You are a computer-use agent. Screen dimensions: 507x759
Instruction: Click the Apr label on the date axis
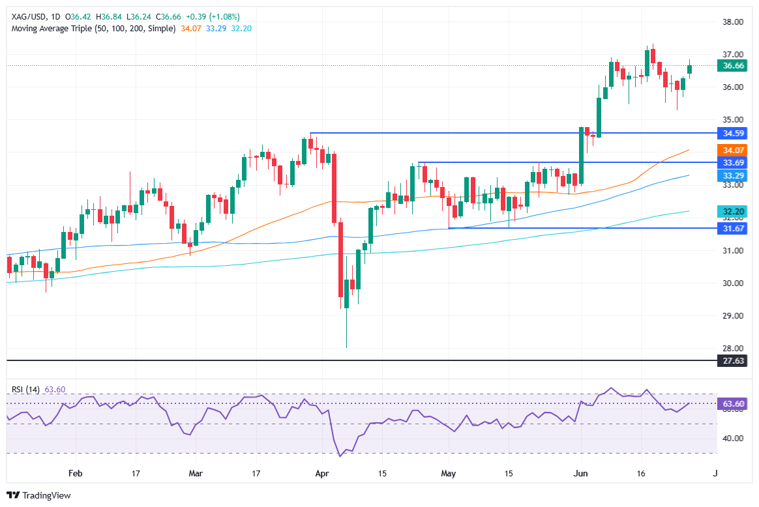(322, 474)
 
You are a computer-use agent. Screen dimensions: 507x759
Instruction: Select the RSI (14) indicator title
(25, 390)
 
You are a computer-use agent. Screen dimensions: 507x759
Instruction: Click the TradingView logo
(38, 495)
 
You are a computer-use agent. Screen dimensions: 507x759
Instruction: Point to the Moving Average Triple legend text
(92, 29)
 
